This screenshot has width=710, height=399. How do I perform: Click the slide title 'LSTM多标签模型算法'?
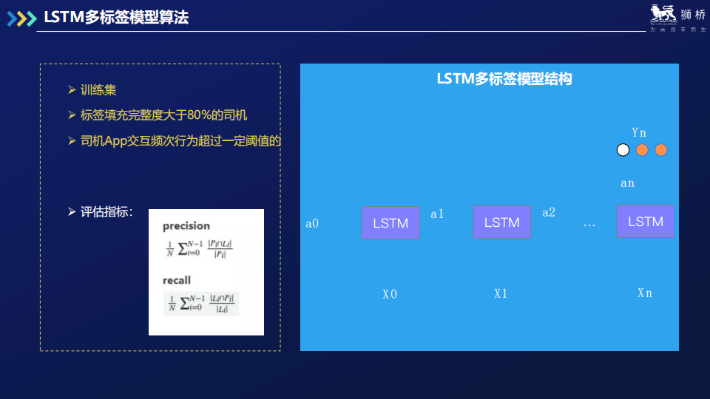pos(116,18)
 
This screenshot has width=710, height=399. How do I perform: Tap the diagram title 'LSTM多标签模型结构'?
pos(504,79)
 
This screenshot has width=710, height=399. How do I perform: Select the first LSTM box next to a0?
pos(390,222)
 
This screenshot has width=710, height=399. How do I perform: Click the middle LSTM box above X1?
pos(501,222)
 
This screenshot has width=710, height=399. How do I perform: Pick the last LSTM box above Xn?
pos(645,221)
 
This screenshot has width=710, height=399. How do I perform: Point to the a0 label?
pos(312,222)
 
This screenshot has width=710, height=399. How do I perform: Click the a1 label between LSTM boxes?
pos(437,214)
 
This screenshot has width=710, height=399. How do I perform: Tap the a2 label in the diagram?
pos(549,212)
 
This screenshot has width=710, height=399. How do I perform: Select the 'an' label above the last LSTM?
pos(627,183)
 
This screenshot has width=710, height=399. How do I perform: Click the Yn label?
pos(639,132)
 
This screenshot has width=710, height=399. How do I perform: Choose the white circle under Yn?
pos(623,150)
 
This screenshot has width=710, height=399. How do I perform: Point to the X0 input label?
pos(390,293)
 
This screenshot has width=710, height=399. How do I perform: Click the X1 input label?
pos(501,293)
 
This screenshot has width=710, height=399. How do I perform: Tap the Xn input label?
pos(645,293)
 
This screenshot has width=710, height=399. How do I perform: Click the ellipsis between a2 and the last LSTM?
pos(589,223)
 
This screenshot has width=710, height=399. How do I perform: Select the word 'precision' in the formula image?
pos(186,225)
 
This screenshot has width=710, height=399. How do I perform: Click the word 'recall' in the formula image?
pos(177,280)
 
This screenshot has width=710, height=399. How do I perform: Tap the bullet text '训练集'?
pos(98,90)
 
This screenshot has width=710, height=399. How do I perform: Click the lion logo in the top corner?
pos(663,14)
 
